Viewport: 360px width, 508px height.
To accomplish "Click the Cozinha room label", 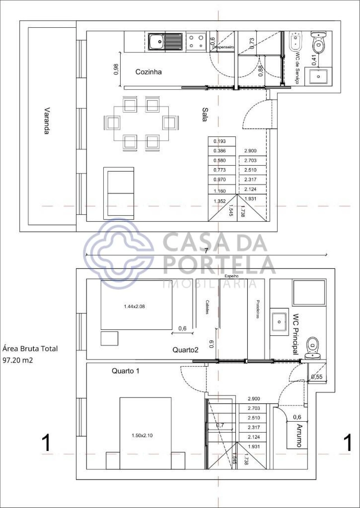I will pyautogui.click(x=148, y=72).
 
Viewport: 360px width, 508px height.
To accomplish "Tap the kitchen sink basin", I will pyautogui.click(x=156, y=42).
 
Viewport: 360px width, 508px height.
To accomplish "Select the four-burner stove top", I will pyautogui.click(x=196, y=42).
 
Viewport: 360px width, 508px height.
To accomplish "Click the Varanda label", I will pyautogui.click(x=47, y=121).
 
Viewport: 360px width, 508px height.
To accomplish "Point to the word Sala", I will pyautogui.click(x=205, y=114).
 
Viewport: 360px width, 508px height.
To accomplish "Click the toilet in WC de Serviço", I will pyautogui.click(x=318, y=42).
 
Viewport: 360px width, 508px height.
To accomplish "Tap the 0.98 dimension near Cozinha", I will pyautogui.click(x=116, y=69).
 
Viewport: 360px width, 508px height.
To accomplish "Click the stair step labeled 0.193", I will pyautogui.click(x=220, y=141).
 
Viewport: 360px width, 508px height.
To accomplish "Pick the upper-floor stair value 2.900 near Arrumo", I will pyautogui.click(x=254, y=399).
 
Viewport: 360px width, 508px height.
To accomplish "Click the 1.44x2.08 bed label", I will pyautogui.click(x=134, y=307).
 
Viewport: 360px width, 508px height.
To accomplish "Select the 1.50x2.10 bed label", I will pyautogui.click(x=142, y=436).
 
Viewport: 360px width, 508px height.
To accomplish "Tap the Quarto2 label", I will pyautogui.click(x=185, y=350).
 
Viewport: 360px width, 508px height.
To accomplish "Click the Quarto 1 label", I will pyautogui.click(x=125, y=371).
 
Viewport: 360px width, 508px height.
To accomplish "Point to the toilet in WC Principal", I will pyautogui.click(x=312, y=348).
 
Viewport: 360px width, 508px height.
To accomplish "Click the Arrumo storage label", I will pyautogui.click(x=299, y=436).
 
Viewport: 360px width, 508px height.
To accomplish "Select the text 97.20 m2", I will pyautogui.click(x=18, y=360).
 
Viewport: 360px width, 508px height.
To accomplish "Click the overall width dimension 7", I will pyautogui.click(x=206, y=251).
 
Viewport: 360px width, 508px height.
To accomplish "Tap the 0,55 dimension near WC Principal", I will pyautogui.click(x=317, y=377).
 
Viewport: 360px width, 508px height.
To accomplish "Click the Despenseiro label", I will pyautogui.click(x=223, y=47).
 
